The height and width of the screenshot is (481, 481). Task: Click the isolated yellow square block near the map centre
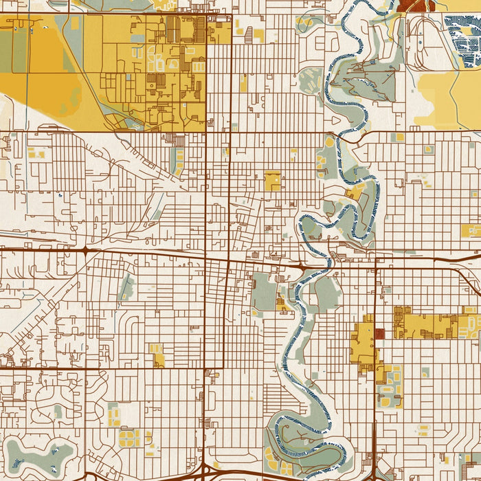273,181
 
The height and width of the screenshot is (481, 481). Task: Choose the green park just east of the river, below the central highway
326,292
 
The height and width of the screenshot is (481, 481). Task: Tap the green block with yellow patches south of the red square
390,388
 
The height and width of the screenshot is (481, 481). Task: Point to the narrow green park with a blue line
126,287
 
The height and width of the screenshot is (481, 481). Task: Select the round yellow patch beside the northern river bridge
329,142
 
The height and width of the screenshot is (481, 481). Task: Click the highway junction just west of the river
300,265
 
